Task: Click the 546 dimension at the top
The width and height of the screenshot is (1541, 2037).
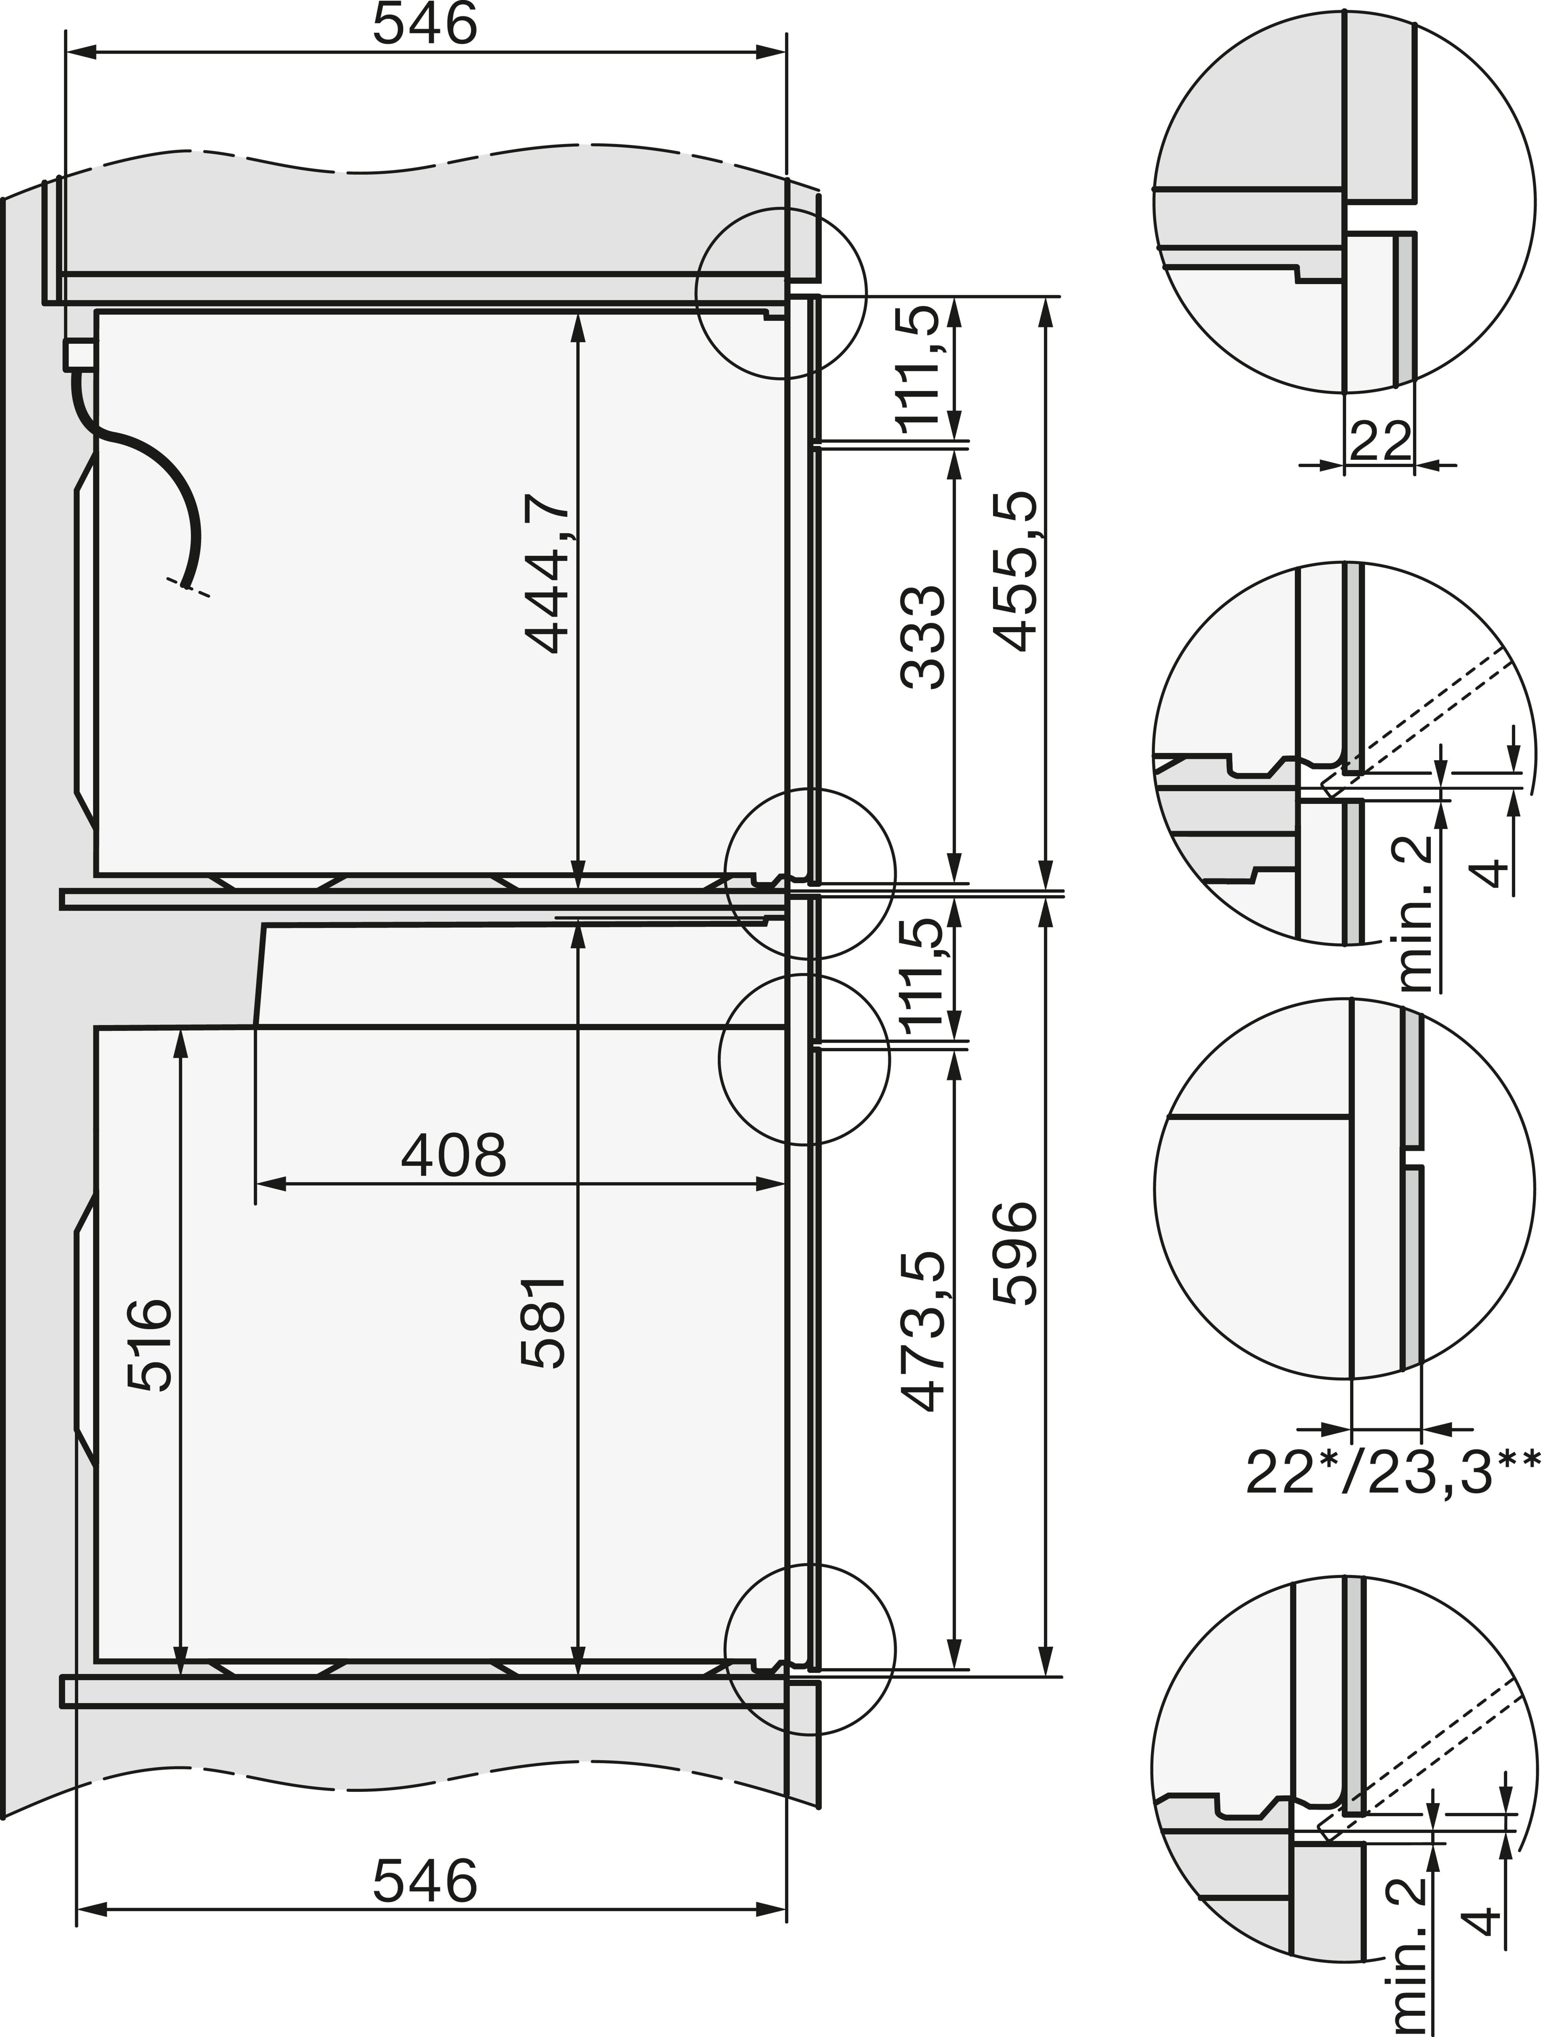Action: pos(425,25)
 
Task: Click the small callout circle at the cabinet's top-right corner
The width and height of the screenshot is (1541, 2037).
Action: pos(781,293)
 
